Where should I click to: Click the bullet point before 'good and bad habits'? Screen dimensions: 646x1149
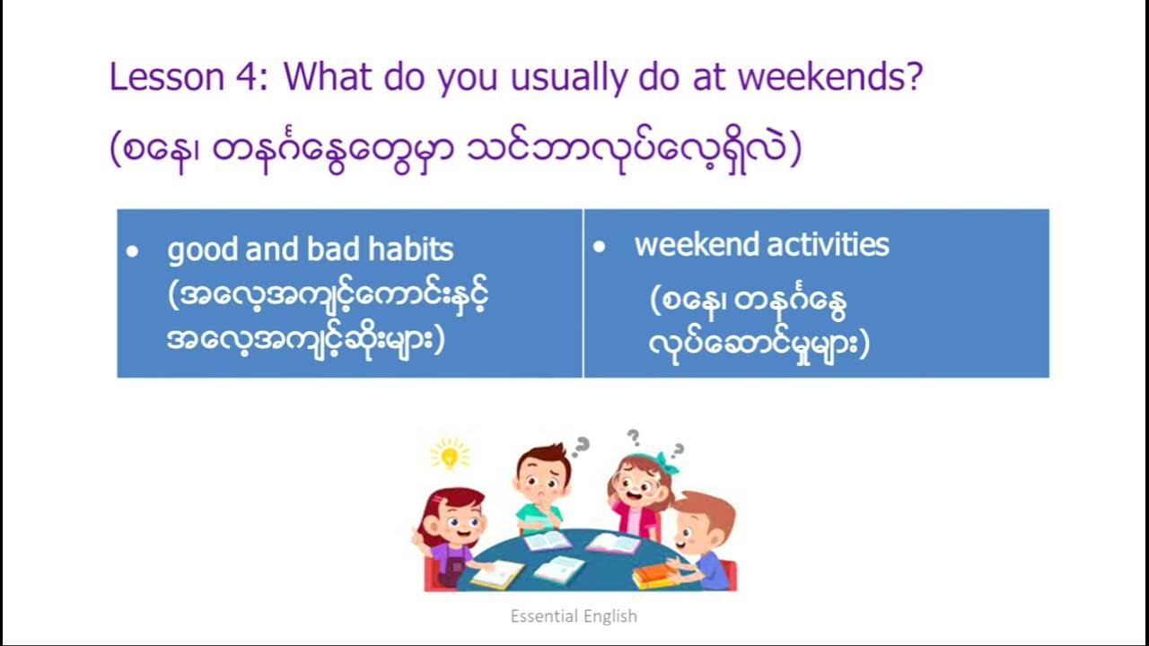pos(133,253)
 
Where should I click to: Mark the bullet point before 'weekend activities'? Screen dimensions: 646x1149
pos(600,247)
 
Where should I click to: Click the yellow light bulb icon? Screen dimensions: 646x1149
pos(451,455)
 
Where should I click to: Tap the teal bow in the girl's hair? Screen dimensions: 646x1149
pos(667,461)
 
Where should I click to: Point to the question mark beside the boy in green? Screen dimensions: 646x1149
pos(582,444)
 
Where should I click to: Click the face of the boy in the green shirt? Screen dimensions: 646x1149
pos(542,476)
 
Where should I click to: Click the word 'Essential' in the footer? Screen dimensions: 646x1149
pos(542,616)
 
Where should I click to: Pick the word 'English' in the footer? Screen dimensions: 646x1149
pos(608,616)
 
